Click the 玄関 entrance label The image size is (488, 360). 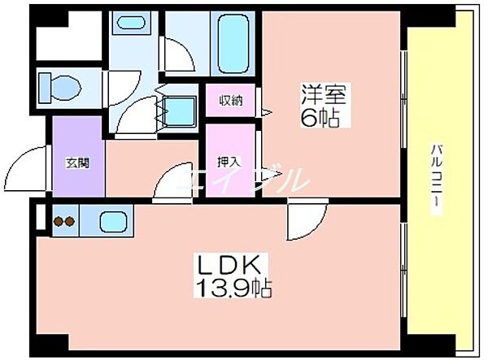(77, 162)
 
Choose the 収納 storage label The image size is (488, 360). (230, 101)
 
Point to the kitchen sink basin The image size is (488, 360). (111, 220)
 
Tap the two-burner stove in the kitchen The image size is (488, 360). (64, 219)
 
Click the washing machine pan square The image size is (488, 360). (180, 108)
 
